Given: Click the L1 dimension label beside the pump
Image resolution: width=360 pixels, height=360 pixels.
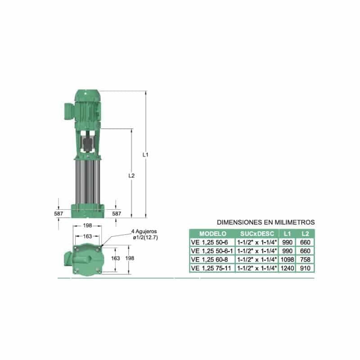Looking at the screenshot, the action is coord(145,155).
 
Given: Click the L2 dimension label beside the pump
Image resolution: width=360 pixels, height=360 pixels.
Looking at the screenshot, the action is coord(131,175).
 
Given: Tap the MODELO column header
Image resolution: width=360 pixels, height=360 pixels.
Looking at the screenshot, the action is coord(212,234).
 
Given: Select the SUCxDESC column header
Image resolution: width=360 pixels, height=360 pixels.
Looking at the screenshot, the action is coord(257,234).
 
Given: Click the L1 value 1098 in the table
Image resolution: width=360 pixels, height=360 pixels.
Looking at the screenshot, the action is coord(287,260).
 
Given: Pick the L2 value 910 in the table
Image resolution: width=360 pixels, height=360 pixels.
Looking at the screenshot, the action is coord(305,268).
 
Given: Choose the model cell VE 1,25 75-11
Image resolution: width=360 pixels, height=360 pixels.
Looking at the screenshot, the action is coord(211,268).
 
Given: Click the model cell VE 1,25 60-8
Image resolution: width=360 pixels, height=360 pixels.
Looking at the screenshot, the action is coord(209,260).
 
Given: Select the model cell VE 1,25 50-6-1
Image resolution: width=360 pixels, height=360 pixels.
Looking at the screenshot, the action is coord(211,251).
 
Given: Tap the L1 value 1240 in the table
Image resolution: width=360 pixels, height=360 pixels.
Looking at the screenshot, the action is coord(287,268).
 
